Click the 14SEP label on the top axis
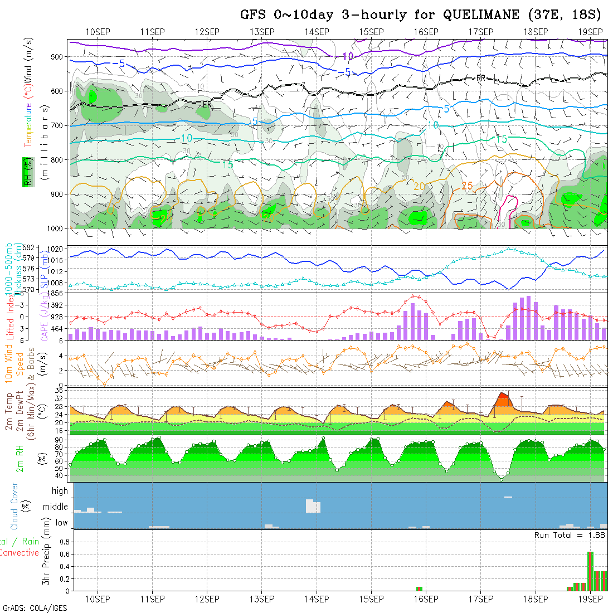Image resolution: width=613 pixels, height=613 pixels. click(x=317, y=31)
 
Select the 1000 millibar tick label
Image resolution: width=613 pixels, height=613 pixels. click(x=56, y=228)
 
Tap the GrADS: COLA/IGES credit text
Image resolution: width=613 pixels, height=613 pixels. click(x=35, y=608)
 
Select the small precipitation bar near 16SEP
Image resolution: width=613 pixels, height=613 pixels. click(x=420, y=588)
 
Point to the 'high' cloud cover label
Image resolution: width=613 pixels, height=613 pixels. click(x=60, y=491)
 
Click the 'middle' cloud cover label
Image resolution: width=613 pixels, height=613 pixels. click(x=55, y=507)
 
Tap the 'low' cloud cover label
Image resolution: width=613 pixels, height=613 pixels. click(x=61, y=523)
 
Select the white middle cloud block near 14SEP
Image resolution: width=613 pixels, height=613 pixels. click(x=313, y=506)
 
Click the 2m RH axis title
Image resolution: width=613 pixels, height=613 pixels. click(x=20, y=458)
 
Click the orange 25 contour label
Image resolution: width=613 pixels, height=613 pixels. click(x=467, y=185)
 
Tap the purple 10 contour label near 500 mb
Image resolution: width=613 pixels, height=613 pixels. click(x=348, y=56)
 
